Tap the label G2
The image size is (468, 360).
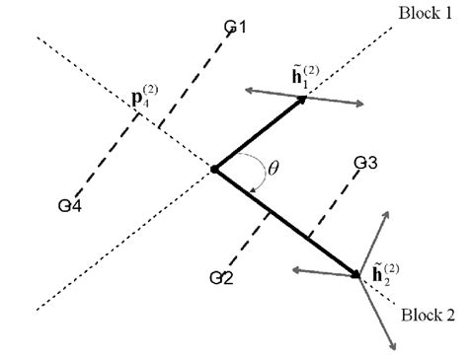pos(221,277)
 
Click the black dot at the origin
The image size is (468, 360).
pos(213,170)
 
